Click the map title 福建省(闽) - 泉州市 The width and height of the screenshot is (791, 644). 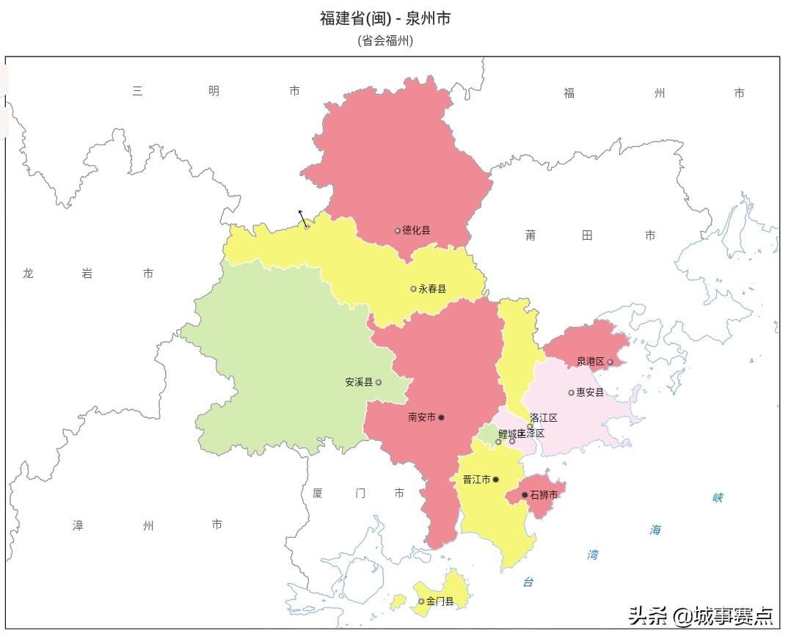coord(385,18)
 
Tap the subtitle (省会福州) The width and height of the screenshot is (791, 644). coord(385,41)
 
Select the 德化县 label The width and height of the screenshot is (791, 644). coord(416,230)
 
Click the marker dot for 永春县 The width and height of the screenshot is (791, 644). coord(413,289)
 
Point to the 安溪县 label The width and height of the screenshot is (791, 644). coord(359,382)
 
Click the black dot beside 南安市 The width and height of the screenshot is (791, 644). coord(441,417)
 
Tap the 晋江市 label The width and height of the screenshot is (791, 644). coord(476,480)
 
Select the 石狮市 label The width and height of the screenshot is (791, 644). coord(544,495)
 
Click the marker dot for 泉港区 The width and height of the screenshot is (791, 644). coord(610,362)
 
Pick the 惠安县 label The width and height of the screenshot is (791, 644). coord(590,392)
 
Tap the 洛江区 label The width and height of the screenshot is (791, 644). coord(544,418)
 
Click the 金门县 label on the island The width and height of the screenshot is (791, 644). coord(440,601)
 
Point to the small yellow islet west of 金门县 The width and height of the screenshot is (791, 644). coord(398,602)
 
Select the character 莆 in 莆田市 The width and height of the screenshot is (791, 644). coord(531,235)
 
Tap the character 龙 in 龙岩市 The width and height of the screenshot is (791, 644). coord(28,274)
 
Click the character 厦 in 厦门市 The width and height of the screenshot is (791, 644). coord(317,493)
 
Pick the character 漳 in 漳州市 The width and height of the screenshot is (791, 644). coord(78,525)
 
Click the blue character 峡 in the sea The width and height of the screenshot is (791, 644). coord(718,498)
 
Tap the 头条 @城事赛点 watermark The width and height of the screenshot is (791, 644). coord(701,615)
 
